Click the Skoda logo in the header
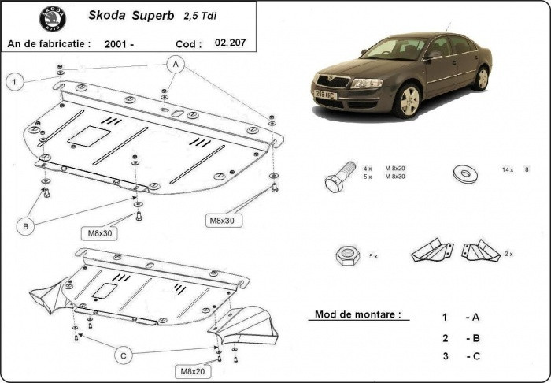point(53,18)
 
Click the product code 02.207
point(230,43)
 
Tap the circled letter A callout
point(175,64)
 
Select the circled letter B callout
point(26,226)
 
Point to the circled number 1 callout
point(13,80)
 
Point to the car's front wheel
point(408,100)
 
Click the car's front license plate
point(326,95)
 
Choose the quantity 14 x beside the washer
point(506,169)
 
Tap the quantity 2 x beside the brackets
point(508,254)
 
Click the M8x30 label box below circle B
point(100,232)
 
